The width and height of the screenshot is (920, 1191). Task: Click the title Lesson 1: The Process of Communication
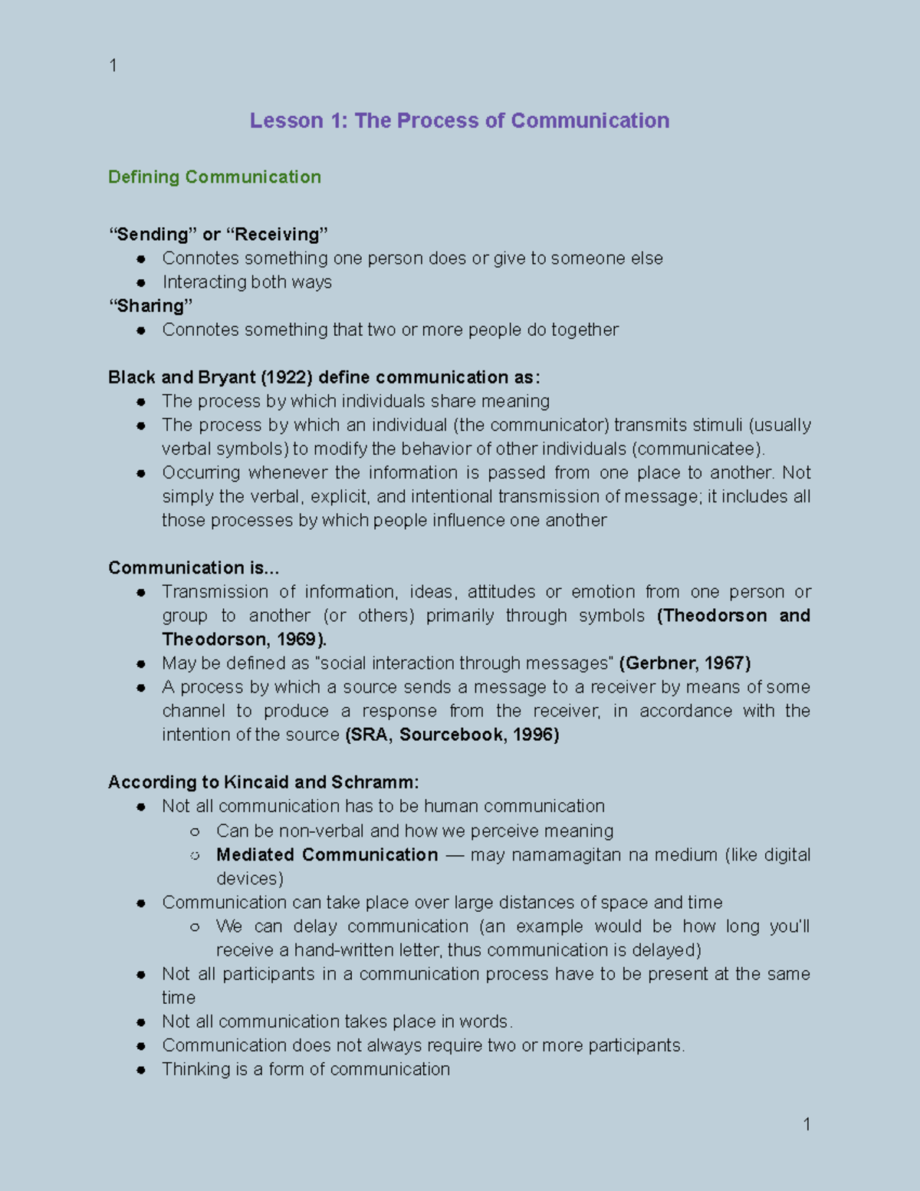(x=459, y=120)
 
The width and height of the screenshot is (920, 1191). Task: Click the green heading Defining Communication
(x=215, y=177)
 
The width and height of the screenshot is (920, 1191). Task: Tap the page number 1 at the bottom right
(x=807, y=1124)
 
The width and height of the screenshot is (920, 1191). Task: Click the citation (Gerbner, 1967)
(x=685, y=663)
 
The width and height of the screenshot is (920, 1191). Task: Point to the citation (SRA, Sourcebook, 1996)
(x=452, y=735)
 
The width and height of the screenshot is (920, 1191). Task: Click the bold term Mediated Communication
(x=327, y=854)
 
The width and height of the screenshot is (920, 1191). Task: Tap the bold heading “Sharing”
(x=150, y=306)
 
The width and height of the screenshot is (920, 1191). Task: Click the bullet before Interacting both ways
(x=141, y=283)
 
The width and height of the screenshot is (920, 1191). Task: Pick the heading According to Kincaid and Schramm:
(x=263, y=782)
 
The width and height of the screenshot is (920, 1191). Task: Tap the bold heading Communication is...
(x=192, y=568)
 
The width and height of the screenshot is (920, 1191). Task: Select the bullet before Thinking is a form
(x=141, y=1070)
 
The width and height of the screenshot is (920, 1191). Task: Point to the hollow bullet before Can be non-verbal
(x=195, y=831)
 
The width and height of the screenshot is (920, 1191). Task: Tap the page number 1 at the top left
(x=113, y=66)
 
